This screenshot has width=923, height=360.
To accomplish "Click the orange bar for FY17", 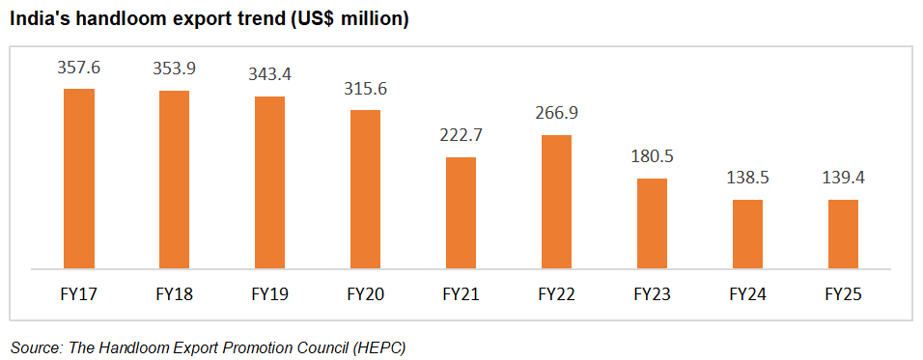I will coord(79,178).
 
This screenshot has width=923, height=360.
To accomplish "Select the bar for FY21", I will coord(461,212).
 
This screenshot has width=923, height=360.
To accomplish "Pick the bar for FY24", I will coord(747,234).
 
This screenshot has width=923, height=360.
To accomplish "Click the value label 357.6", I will coord(79,69).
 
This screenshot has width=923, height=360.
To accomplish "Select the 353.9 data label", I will coord(174,70).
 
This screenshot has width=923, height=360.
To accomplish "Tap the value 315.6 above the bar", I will coord(365,89).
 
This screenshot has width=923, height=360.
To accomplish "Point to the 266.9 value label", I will coord(556,114).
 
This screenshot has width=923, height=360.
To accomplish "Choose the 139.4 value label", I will coord(843,179).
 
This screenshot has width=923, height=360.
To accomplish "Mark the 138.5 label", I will coord(747,179).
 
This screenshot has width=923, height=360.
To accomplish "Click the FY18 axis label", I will coord(174,292).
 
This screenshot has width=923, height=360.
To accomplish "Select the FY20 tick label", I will coord(365,292).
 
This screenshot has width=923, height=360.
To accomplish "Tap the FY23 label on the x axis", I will coord(652,292).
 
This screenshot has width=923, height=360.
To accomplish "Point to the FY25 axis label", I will coord(843,292).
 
